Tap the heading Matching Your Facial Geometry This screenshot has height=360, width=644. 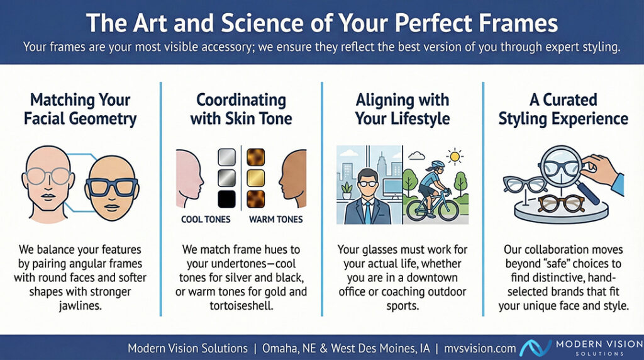pyautogui.click(x=80, y=110)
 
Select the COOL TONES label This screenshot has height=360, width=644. pyautogui.click(x=206, y=220)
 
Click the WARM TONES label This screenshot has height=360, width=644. pyautogui.click(x=275, y=220)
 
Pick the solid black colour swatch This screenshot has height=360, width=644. pyautogui.click(x=226, y=199)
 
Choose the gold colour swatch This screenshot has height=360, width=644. pyautogui.click(x=255, y=178)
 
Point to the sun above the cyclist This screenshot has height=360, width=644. pyautogui.click(x=455, y=156)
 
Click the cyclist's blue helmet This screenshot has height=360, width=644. pyautogui.click(x=438, y=164)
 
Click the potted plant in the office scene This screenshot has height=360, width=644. pyautogui.click(x=347, y=191)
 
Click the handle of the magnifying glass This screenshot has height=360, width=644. pyautogui.click(x=588, y=193)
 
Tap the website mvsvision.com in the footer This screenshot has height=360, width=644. pyautogui.click(x=480, y=349)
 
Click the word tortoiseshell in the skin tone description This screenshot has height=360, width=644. pyautogui.click(x=241, y=306)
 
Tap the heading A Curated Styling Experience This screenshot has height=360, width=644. pyautogui.click(x=563, y=110)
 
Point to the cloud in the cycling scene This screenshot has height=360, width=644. pyautogui.click(x=417, y=155)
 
